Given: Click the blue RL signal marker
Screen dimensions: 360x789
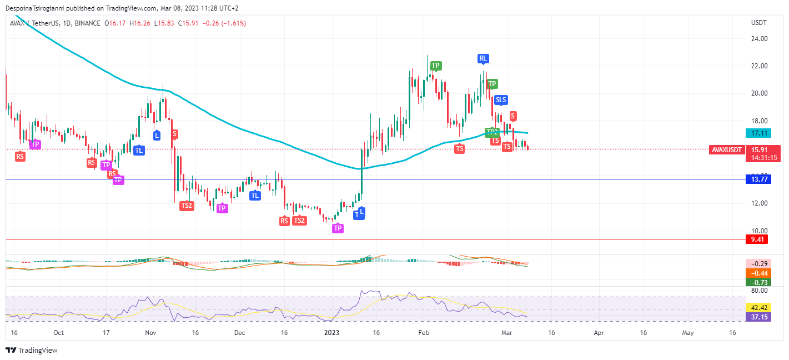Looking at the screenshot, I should [483, 58].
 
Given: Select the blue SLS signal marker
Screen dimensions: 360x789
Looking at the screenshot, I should [501, 100].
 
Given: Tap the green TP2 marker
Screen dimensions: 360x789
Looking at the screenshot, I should [491, 132].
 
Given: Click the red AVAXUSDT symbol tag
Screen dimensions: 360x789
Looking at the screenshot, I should [727, 149].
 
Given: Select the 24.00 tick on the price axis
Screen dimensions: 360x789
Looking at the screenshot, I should [759, 39].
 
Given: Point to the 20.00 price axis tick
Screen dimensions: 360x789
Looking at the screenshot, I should [759, 93].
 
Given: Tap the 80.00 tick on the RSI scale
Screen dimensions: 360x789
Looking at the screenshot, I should [759, 290].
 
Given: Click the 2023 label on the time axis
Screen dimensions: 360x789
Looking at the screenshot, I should [331, 333].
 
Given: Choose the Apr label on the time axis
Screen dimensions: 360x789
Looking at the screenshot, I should [599, 333].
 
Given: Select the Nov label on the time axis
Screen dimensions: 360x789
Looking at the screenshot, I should [150, 333].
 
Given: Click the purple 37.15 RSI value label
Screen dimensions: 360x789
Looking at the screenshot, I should [759, 316].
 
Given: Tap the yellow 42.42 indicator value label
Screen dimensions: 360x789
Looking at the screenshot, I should [759, 307].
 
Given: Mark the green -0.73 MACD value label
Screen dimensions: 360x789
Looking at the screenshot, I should [759, 282].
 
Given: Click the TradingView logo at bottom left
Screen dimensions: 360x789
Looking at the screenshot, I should [32, 350].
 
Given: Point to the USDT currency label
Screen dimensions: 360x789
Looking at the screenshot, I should [758, 23].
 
